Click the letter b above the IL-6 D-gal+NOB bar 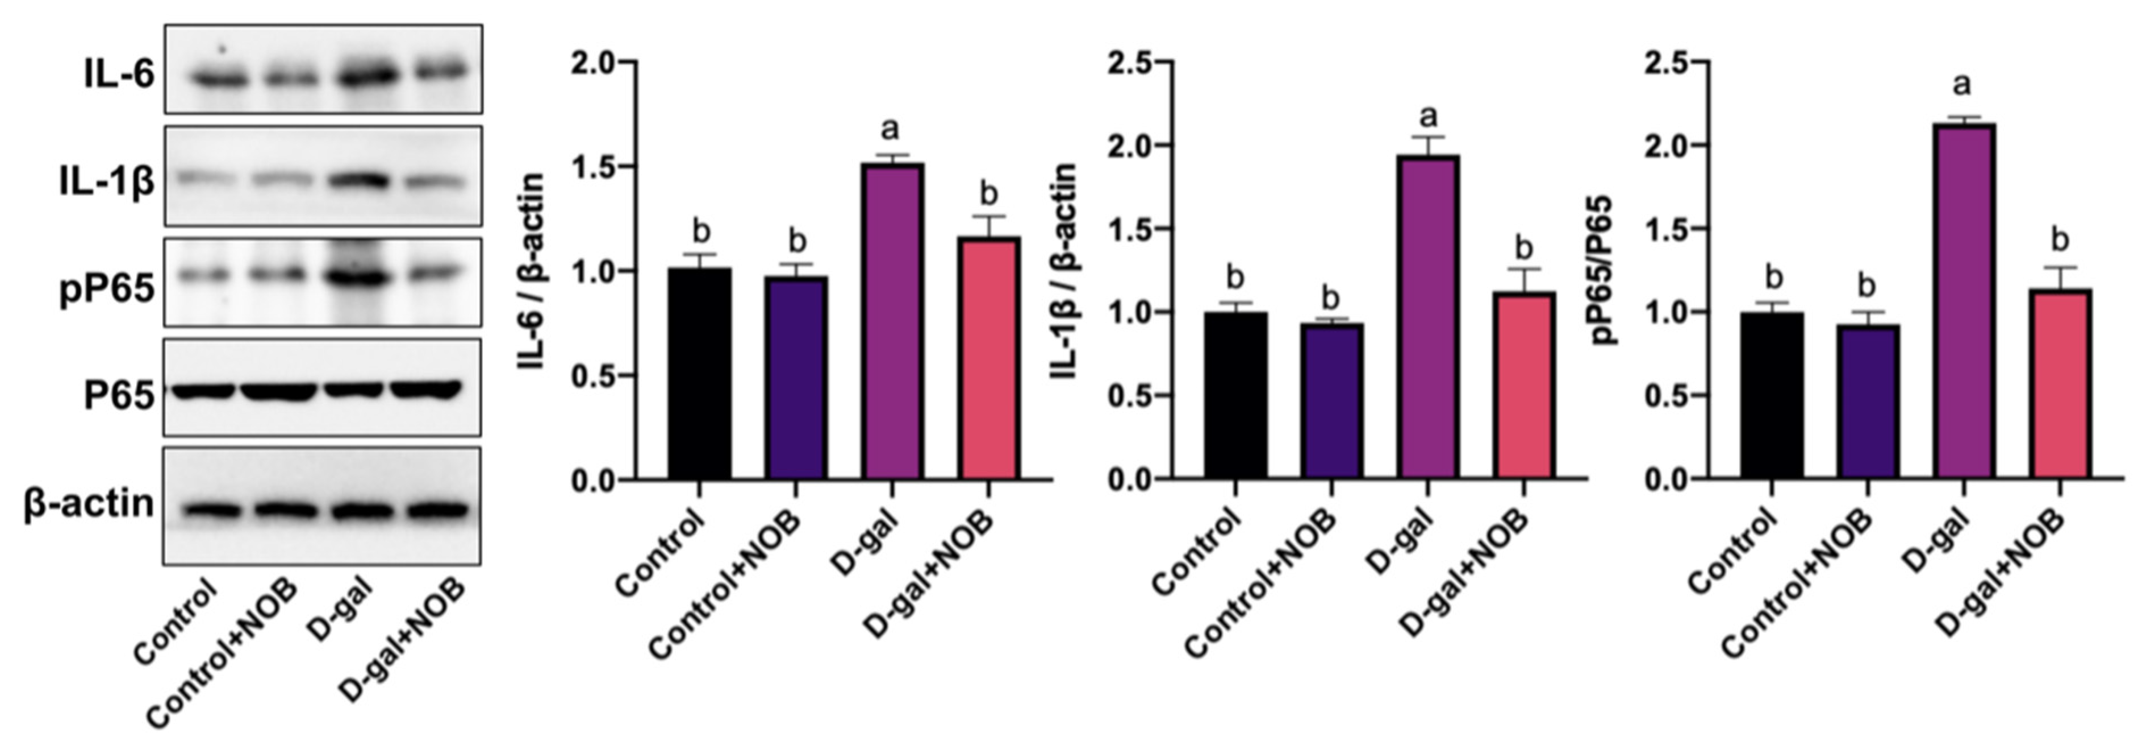(988, 193)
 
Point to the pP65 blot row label (107, 290)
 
